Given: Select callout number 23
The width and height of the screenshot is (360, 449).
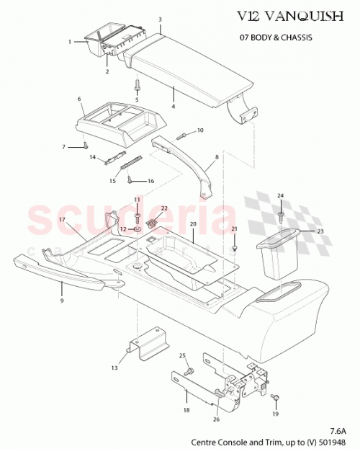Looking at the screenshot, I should [x=320, y=231].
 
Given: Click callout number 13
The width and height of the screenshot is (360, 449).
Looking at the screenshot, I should [x=114, y=368].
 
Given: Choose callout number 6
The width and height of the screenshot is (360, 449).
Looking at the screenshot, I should [x=80, y=99].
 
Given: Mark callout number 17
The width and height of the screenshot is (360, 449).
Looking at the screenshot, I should [x=62, y=219].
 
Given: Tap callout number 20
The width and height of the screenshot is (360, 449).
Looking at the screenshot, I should [x=192, y=224].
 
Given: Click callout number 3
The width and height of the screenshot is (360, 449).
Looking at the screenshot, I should [x=160, y=19].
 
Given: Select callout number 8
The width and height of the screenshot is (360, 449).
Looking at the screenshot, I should [x=216, y=156].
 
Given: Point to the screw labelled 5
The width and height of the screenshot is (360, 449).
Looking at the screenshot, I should [x=137, y=85].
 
